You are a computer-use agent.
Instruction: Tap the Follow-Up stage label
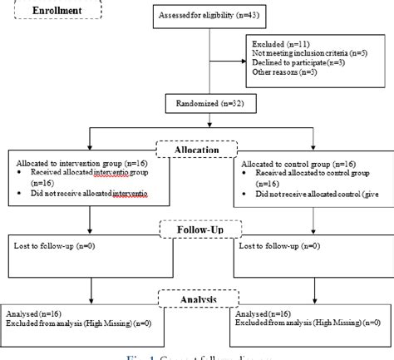[x=196, y=228]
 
